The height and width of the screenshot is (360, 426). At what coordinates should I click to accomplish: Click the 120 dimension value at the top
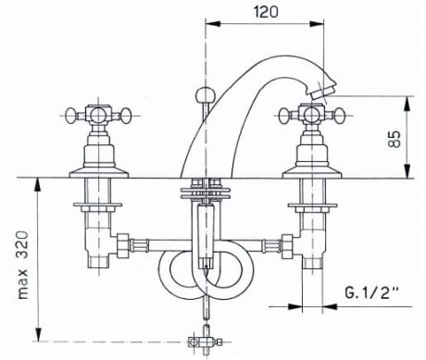[266, 12]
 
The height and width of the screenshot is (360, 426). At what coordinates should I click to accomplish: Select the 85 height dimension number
[395, 139]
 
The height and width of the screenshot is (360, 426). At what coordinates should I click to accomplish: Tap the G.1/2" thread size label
[371, 292]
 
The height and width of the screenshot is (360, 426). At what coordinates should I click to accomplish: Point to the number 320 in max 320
[22, 245]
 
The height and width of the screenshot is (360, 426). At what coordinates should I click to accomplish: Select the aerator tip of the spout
[320, 92]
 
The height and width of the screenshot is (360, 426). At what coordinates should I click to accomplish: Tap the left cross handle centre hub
[99, 115]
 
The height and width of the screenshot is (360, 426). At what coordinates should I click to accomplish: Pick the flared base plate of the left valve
[99, 173]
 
